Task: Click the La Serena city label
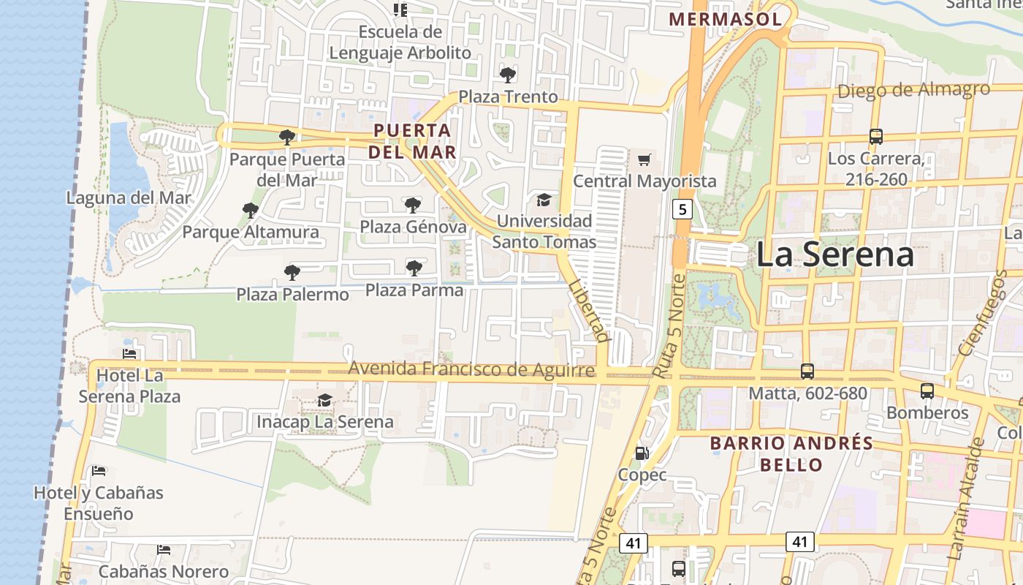point(834,254)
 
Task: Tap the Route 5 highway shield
point(682,210)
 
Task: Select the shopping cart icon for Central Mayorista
point(644,159)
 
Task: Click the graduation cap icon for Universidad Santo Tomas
point(544,200)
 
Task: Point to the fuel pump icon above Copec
point(642,453)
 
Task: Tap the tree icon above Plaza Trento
point(508,75)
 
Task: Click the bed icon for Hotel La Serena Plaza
point(129,355)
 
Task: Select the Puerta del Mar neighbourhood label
point(412,141)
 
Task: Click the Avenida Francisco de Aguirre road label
point(471,369)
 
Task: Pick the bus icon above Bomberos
point(927,391)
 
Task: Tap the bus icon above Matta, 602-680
point(807,371)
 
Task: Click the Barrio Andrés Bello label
point(791,453)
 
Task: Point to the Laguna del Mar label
point(129,198)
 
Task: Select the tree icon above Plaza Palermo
point(292,273)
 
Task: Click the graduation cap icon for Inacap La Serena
point(324,400)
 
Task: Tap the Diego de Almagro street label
point(913,91)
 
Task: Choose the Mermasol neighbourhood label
point(725,19)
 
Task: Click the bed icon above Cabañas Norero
point(164,549)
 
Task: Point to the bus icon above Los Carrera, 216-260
point(875,136)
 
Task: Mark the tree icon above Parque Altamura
point(251,211)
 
